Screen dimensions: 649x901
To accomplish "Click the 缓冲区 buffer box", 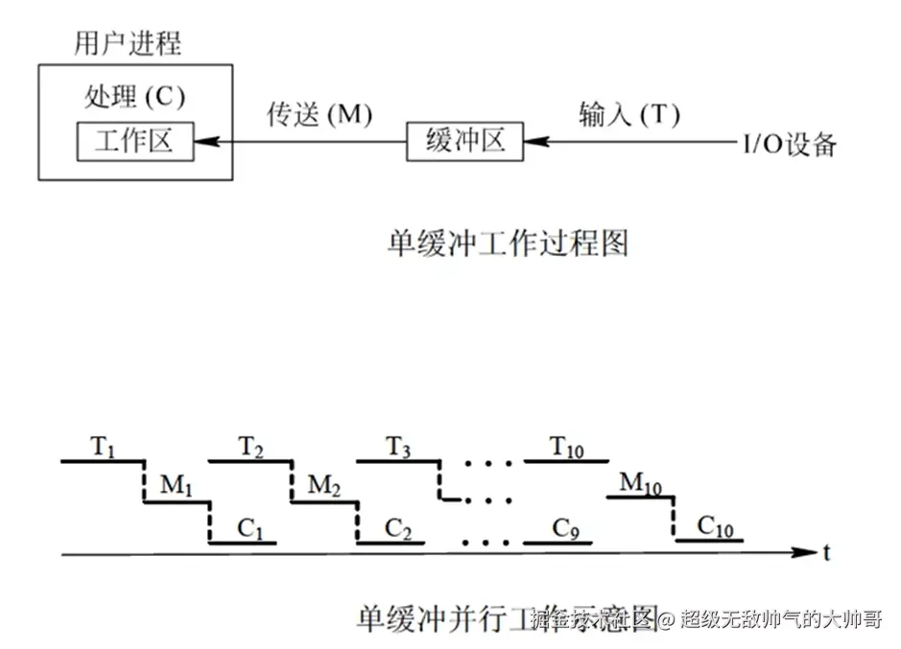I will coord(464,143).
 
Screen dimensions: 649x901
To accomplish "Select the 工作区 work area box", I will coord(133,143).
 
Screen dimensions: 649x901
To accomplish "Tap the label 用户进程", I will coord(128,43).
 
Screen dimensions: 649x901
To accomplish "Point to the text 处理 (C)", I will coord(134,97).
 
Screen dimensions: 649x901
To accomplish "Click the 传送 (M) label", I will coord(319,114).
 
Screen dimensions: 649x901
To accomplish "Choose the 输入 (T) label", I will coord(628,114).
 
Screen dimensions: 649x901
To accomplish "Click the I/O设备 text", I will coord(789,145).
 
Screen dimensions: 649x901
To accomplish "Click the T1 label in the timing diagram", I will coord(103,447).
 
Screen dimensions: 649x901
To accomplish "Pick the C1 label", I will coord(247,527).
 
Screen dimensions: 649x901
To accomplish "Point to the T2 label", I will coord(250,447).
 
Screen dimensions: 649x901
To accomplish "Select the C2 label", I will coord(397,527).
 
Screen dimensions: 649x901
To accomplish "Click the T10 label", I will coord(567,447).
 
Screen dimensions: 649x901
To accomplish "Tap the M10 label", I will coord(641,484).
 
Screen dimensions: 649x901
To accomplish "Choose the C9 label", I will coord(564,527).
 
